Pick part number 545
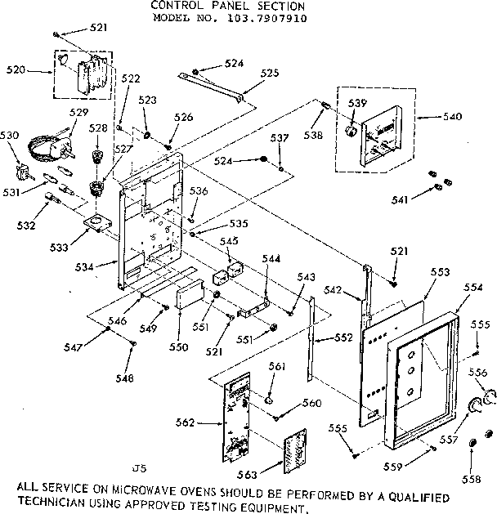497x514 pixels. (x=229, y=241)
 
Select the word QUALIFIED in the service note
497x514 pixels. (x=416, y=496)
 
